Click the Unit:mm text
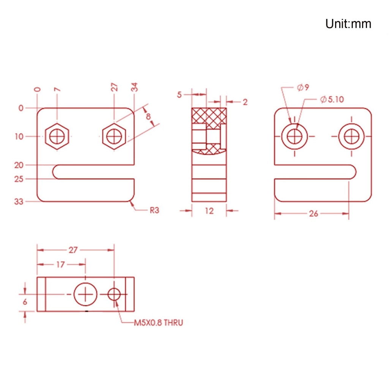(x=348, y=24)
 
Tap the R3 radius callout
(x=154, y=210)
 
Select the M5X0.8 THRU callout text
(x=158, y=323)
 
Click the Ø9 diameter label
(x=303, y=87)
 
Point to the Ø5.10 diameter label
(x=332, y=100)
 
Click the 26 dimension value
(x=313, y=213)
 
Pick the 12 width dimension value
(x=209, y=211)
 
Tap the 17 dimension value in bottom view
(x=60, y=265)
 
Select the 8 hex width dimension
(x=148, y=116)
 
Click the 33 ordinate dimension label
(x=19, y=202)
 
